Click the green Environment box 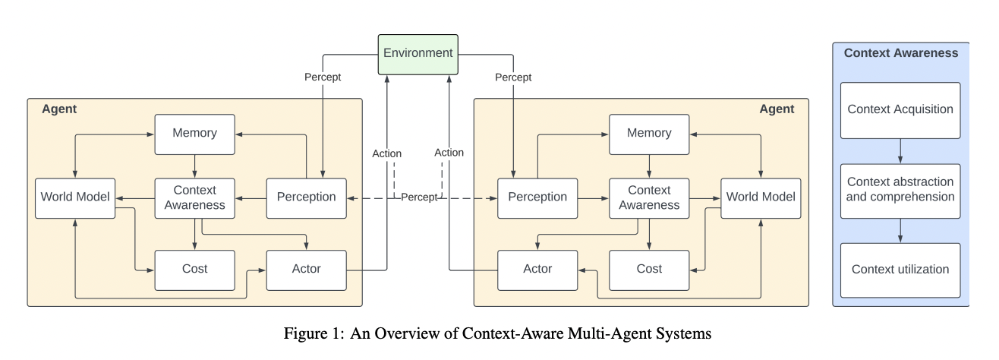coord(418,55)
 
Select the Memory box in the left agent coord(194,134)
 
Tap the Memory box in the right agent coord(649,134)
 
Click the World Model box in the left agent coord(75,198)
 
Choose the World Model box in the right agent coord(761,198)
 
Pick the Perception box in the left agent coord(307,198)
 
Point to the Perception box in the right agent coord(537,198)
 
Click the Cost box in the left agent coord(194,270)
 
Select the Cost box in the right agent coord(649,270)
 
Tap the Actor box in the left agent coord(307,270)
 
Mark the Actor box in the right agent coord(537,270)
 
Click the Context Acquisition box coord(900,110)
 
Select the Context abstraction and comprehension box coord(900,191)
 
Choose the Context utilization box coord(900,270)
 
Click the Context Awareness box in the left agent coord(194,198)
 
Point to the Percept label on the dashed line coord(419,197)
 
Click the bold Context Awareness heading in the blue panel coord(901,53)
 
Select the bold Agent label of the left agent coord(59,109)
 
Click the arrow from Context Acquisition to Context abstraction coord(900,151)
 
